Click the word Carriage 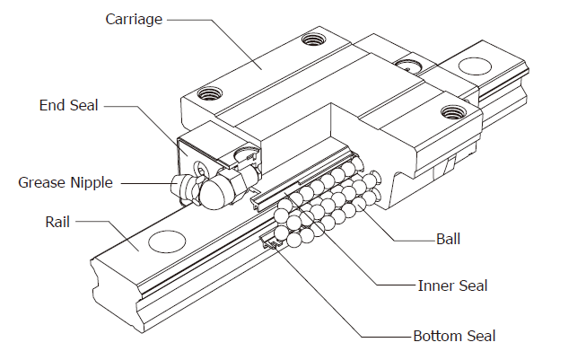point(134,20)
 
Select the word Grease point(42,182)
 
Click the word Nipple point(92,183)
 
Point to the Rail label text point(57,222)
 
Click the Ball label point(448,240)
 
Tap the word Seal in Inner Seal point(474,285)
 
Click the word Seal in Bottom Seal point(482,336)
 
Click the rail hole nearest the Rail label point(167,241)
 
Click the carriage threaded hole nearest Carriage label point(313,39)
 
